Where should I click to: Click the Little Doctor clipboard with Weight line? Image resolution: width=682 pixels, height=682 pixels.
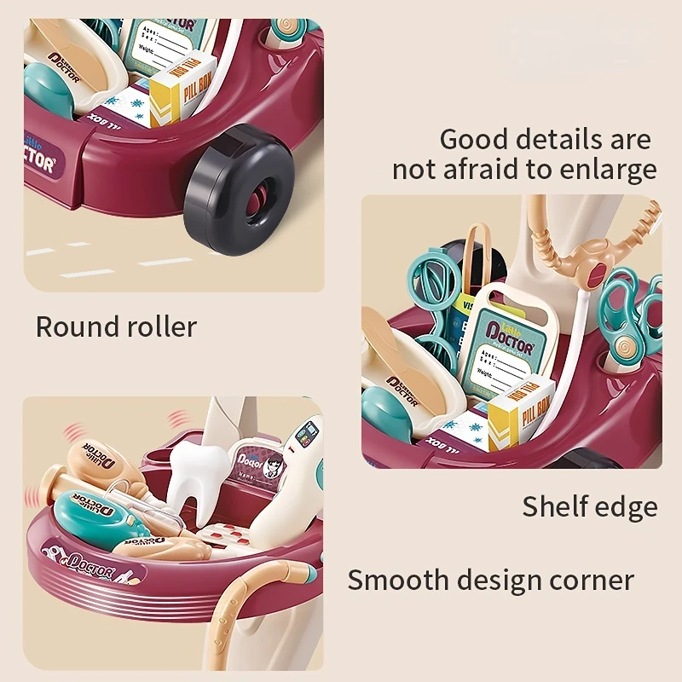click(x=503, y=345)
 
